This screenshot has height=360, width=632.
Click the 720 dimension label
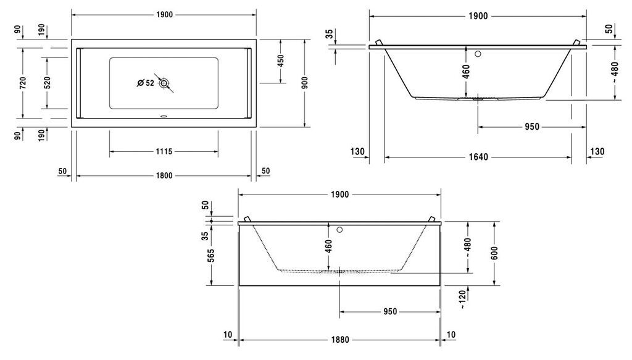tap(23, 83)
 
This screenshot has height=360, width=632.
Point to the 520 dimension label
tap(47, 83)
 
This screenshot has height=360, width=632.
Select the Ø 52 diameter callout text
tap(146, 83)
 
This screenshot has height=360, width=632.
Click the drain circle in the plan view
tap(164, 83)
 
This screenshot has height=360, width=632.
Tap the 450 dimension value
tap(281, 61)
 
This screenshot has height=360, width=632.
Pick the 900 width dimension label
tap(305, 83)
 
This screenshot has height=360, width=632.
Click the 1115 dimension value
tap(164, 151)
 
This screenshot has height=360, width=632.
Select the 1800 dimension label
tap(164, 176)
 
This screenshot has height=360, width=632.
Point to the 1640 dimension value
tap(478, 157)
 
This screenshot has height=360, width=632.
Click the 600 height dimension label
tap(494, 253)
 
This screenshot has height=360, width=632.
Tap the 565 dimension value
tap(211, 256)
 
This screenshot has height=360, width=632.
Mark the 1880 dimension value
tap(340, 340)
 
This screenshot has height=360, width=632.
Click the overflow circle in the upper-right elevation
tap(478, 54)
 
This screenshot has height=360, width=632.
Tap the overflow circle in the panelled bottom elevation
tap(339, 230)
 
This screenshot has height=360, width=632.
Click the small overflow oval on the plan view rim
tap(164, 117)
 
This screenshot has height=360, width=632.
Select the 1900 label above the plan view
tap(164, 15)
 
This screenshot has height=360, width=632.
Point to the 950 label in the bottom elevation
tap(390, 312)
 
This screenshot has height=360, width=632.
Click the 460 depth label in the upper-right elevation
tap(466, 72)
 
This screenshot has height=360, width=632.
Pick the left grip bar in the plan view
tap(78, 83)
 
